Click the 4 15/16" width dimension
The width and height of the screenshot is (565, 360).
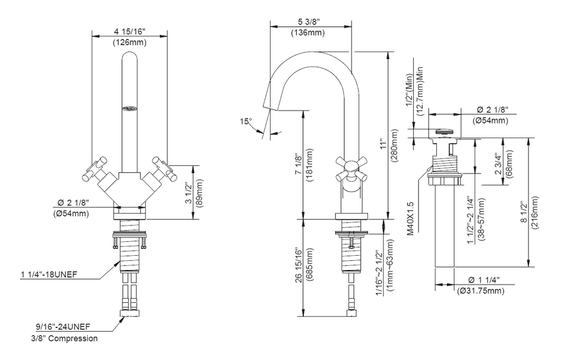click(x=129, y=31)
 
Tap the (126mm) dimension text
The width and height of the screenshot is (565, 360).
click(x=129, y=43)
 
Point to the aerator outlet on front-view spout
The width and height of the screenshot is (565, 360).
click(x=129, y=109)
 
